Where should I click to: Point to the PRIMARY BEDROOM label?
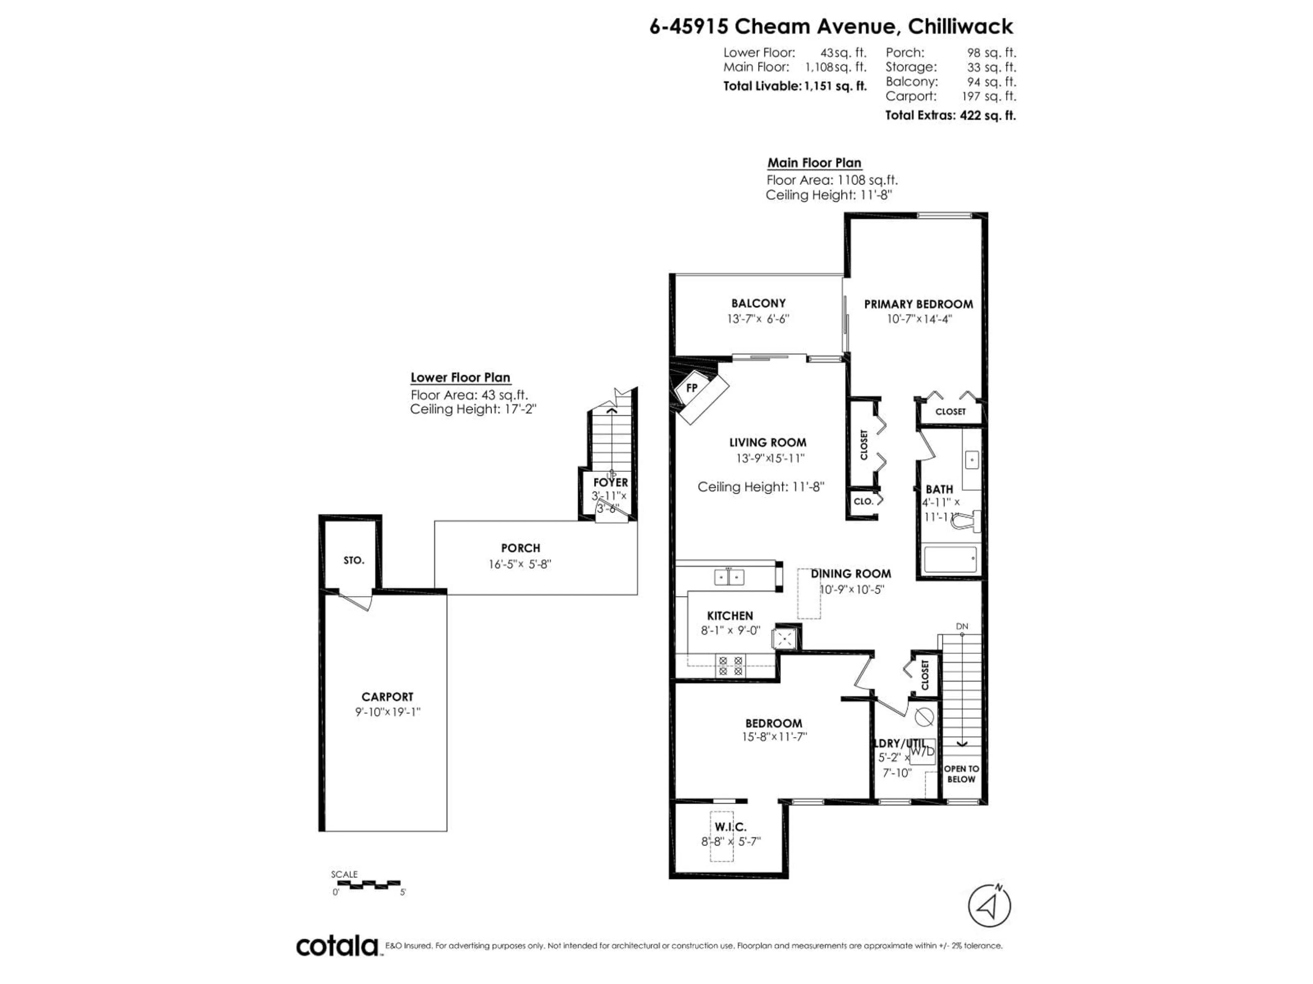918,304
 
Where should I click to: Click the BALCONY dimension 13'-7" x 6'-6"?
758,318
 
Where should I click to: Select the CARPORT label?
387,697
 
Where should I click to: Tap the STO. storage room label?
354,560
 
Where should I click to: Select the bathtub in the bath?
950,559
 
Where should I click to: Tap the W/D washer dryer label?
923,751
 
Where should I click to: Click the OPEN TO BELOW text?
961,774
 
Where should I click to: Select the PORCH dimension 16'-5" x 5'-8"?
520,564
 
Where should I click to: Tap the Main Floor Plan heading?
814,163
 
